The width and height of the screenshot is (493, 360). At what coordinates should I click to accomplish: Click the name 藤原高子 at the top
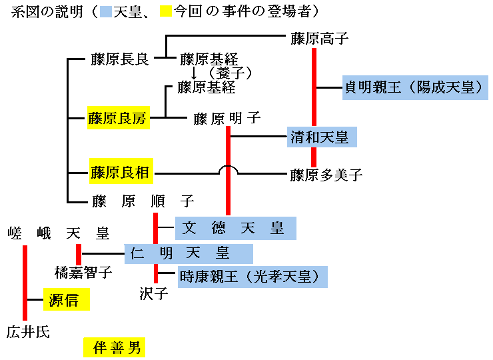point(320,38)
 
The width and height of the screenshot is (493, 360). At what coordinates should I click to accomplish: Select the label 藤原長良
point(120,59)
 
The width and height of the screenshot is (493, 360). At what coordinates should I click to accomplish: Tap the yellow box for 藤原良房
point(117,119)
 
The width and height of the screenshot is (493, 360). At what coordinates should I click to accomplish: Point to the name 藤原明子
point(227,119)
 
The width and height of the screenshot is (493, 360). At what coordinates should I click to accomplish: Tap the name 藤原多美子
point(326,175)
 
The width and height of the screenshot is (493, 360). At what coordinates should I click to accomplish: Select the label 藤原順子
point(143,200)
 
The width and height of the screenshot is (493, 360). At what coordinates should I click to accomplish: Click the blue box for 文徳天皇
point(235,228)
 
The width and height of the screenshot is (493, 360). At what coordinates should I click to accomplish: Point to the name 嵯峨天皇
point(59,233)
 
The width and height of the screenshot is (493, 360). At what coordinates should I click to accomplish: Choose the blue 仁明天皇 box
point(189,253)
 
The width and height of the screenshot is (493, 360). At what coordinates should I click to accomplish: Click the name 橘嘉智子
point(83,272)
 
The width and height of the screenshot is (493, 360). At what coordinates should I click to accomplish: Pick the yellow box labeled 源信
point(66,300)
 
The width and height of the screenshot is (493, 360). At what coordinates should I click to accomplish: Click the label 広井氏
point(28,331)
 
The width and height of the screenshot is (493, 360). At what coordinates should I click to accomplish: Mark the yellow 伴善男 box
point(114,347)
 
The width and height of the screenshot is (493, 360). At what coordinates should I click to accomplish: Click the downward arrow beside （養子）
point(194,73)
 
